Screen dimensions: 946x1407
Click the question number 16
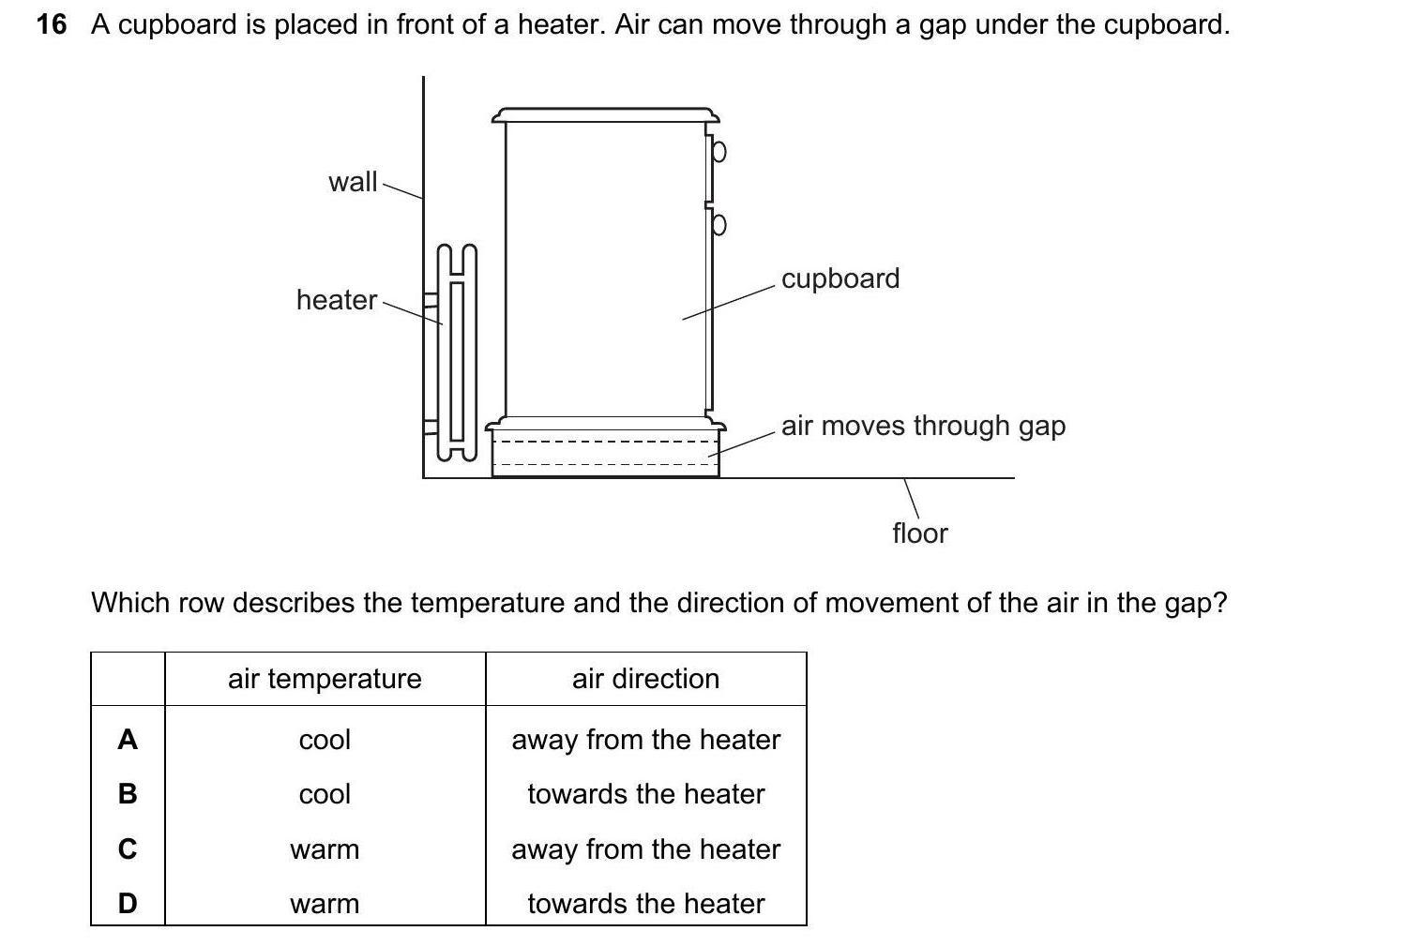coord(52,24)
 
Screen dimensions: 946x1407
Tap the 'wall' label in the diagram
coord(353,182)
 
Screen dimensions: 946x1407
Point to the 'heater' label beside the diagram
coord(336,300)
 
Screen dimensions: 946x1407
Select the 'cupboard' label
coord(840,278)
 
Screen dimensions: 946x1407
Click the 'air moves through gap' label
coord(923,426)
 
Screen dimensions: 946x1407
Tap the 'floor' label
coord(919,533)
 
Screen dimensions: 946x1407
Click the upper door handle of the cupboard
coord(719,151)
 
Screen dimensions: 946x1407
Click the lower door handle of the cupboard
coord(719,225)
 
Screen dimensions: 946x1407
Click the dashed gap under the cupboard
coord(605,453)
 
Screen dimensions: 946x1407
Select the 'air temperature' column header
coord(325,679)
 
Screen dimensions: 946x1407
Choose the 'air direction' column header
coord(645,679)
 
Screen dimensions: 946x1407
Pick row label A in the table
coord(128,740)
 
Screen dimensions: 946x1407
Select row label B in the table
coord(128,794)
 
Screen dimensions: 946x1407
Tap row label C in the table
coord(128,849)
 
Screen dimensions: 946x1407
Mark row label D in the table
coord(128,904)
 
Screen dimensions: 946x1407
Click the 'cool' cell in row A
coord(325,740)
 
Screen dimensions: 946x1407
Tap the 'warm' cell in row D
coord(325,904)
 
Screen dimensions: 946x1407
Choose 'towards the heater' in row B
coord(645,794)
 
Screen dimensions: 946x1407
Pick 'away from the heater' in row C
coord(645,849)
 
